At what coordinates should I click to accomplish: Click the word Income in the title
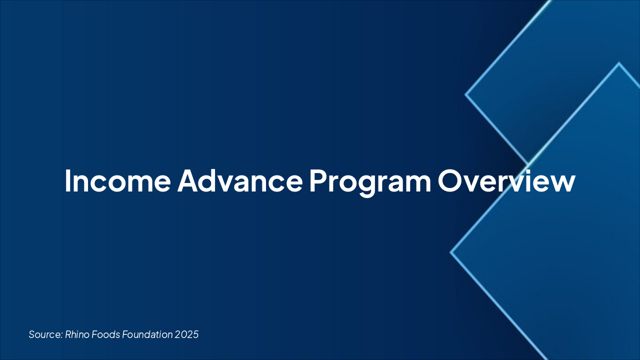tap(117, 181)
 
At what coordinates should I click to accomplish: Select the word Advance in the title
tap(239, 181)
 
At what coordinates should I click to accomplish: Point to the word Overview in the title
tap(506, 181)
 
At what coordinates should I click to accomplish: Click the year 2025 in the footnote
tap(187, 334)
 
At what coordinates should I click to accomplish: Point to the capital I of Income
tap(68, 181)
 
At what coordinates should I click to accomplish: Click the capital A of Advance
tap(188, 181)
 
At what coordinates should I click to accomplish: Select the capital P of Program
tap(316, 181)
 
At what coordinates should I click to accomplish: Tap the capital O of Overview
tap(450, 181)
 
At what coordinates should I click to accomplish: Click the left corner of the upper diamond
tap(465, 94)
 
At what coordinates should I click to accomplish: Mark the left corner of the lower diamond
tap(451, 252)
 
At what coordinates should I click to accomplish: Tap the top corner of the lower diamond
tap(619, 63)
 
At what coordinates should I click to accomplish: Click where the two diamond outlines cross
tap(528, 164)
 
